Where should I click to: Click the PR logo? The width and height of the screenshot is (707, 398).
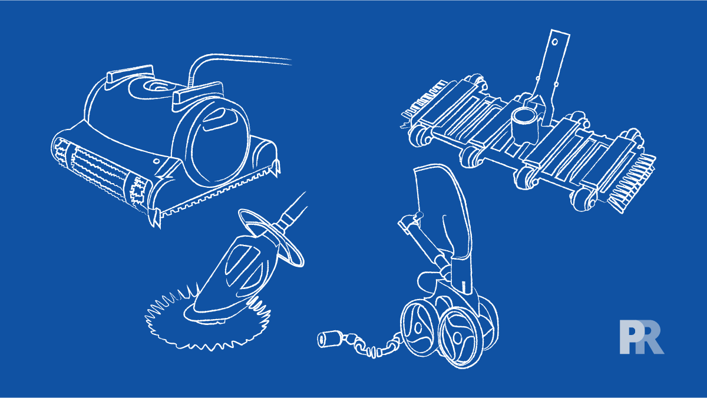(x=641, y=337)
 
